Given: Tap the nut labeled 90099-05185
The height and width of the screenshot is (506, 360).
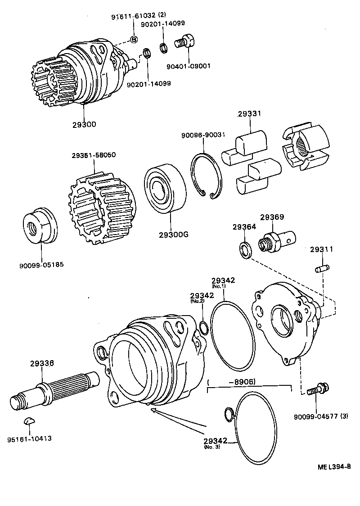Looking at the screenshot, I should (x=40, y=225).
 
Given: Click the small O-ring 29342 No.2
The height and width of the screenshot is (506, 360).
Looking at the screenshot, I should (x=204, y=328).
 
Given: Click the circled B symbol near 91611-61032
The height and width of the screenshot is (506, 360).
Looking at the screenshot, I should (x=134, y=39).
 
